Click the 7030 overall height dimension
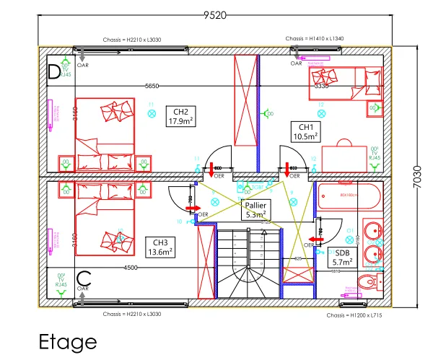click(417, 174)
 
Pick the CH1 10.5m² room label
click(305, 130)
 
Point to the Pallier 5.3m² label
click(256, 210)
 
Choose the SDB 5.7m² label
click(343, 258)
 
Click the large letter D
click(53, 72)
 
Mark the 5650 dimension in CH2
click(152, 86)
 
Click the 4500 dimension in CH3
click(131, 268)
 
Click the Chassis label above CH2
click(150, 40)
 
